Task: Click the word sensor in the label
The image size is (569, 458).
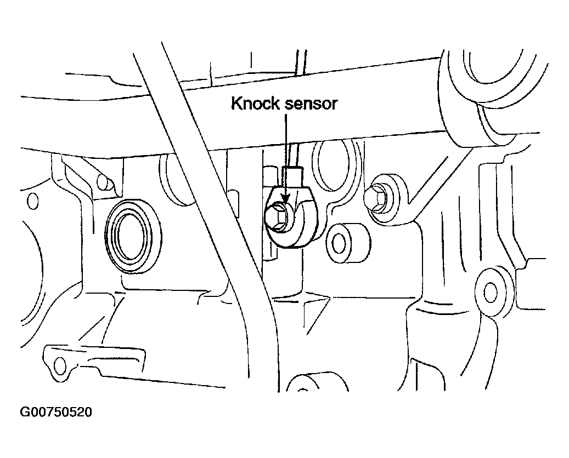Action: [x=311, y=105]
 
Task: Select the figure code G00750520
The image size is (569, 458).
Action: [x=56, y=412]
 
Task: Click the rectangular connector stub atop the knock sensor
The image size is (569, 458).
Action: [x=292, y=176]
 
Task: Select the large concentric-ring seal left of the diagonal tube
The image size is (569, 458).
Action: [x=133, y=235]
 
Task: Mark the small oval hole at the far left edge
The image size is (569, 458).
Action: [x=33, y=201]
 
